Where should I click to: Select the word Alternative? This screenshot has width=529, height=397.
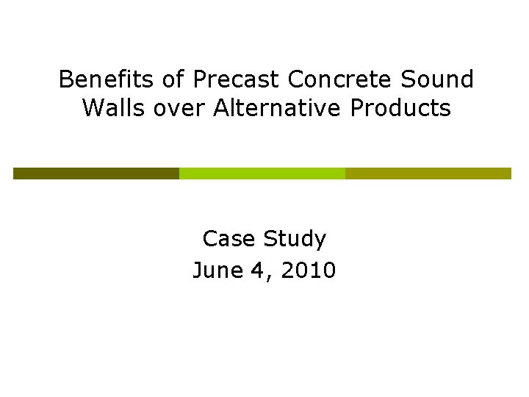click(277, 108)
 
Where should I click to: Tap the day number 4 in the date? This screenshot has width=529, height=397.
click(256, 271)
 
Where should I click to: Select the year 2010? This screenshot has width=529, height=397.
click(306, 271)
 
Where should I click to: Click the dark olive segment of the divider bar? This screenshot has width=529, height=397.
click(96, 174)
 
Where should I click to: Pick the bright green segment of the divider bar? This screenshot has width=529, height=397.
click(262, 174)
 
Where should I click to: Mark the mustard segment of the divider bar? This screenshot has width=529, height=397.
click(428, 174)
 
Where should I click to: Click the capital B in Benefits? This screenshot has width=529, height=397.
click(65, 79)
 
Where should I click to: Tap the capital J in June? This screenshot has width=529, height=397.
click(198, 271)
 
